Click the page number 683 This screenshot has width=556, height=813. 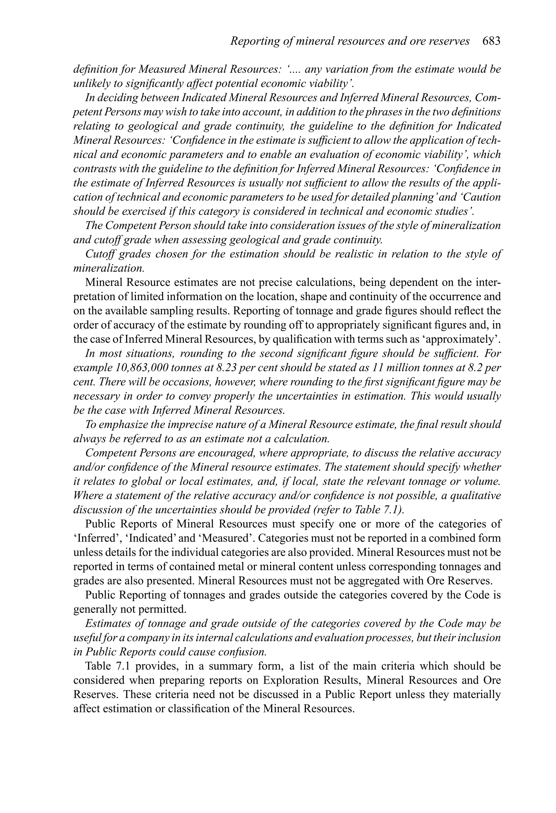tap(491, 41)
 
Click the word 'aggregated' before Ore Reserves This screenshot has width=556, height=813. tap(373, 581)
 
